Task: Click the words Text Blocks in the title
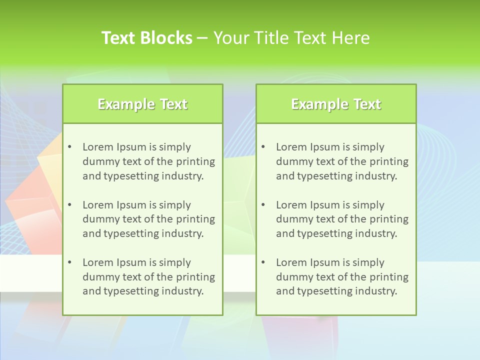[147, 38]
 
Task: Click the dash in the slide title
[203, 38]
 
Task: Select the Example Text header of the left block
[142, 104]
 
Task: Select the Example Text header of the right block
[336, 104]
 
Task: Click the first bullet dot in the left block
[69, 147]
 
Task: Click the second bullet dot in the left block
[69, 205]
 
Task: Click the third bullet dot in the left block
[69, 262]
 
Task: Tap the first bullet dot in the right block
[263, 147]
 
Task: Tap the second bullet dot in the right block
[263, 205]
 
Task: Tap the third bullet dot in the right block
[263, 262]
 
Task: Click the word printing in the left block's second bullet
[196, 219]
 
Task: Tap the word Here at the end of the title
[353, 38]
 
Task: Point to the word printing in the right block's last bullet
[389, 277]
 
